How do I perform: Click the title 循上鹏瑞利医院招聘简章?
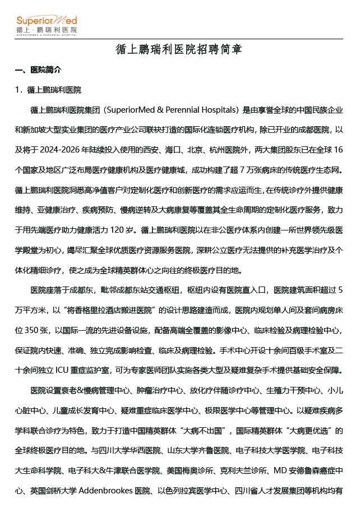pos(179,50)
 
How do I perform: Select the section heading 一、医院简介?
pos(38,70)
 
